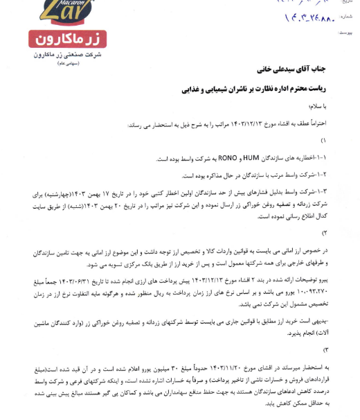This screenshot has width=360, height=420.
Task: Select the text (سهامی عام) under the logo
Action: coord(58,63)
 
